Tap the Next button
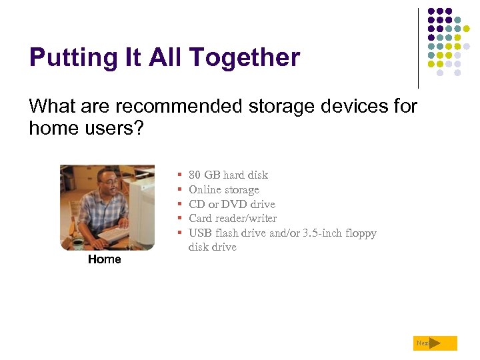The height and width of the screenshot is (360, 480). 435,343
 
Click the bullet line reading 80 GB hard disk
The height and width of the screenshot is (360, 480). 228,175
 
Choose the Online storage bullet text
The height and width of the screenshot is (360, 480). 223,189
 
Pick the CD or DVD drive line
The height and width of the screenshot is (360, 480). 231,204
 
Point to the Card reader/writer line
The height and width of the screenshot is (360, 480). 232,218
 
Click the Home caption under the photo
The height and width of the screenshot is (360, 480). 105,259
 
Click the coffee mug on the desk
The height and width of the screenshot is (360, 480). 77,243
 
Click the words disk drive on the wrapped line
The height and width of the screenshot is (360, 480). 212,247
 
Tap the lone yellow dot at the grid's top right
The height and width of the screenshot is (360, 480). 475,29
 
